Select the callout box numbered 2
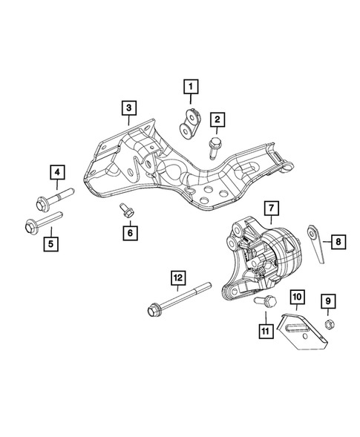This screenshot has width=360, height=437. coord(217,119)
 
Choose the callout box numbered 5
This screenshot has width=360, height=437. coord(50,242)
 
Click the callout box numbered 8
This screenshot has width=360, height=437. coord(338,241)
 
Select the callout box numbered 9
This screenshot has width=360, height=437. coord(327,300)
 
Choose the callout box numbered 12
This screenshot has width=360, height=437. coord(177,278)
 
